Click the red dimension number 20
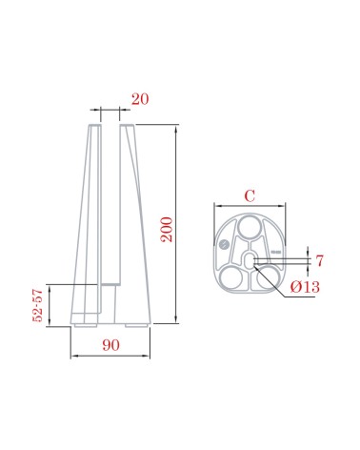click(x=140, y=99)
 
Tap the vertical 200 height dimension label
click(x=167, y=230)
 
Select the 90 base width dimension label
click(x=111, y=345)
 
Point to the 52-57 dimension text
click(x=37, y=305)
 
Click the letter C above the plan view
click(x=250, y=195)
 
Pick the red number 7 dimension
click(x=319, y=260)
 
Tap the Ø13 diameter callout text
click(x=305, y=287)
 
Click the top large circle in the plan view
click(x=250, y=226)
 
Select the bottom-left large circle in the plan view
click(x=231, y=277)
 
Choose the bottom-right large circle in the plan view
click(x=268, y=277)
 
